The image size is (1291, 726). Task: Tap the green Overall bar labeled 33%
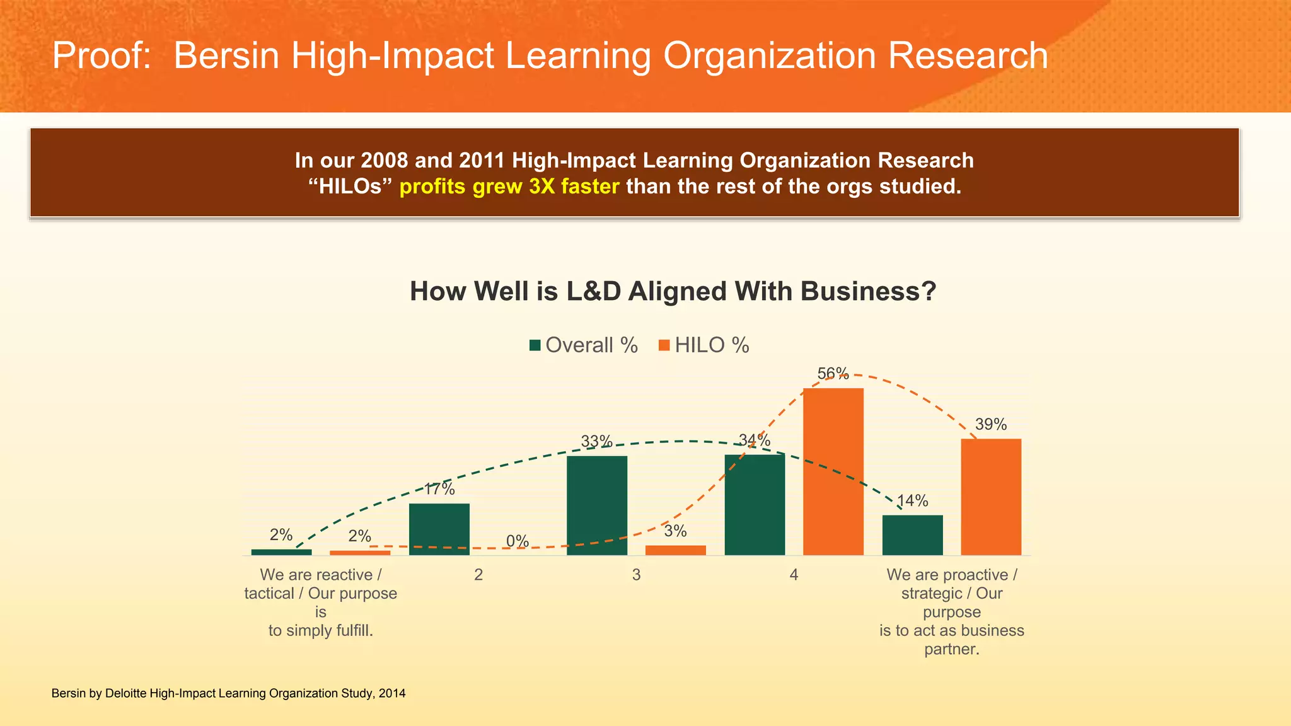pos(597,505)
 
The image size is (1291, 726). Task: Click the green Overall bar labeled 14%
pos(912,535)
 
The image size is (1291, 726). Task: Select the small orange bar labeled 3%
pos(675,550)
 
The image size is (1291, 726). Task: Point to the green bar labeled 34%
pos(755,505)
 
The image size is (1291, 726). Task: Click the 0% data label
pos(518,541)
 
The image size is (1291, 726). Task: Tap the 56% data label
pos(833,374)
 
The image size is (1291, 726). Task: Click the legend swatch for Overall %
pos(535,345)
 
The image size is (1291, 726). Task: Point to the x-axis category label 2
pos(478,575)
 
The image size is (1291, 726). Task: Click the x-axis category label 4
pos(794,575)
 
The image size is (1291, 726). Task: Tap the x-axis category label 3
pos(636,575)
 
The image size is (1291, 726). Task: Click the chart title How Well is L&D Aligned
pos(673,292)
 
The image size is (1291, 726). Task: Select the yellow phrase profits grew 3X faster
pos(509,187)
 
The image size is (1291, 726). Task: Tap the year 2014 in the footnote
pos(392,694)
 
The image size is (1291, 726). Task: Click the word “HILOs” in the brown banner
pos(350,187)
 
